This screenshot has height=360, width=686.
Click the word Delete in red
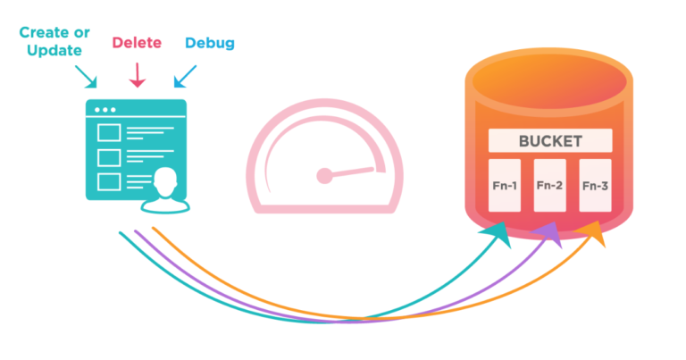(137, 43)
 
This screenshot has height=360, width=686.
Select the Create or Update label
(57, 42)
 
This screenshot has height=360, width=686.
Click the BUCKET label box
(550, 141)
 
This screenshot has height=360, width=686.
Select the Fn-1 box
(505, 186)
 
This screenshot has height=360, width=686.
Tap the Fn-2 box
(549, 186)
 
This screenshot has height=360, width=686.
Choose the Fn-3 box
(595, 186)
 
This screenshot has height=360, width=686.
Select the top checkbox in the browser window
(108, 133)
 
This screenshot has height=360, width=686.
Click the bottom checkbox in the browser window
(108, 182)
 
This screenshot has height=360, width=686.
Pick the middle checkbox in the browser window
(108, 157)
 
